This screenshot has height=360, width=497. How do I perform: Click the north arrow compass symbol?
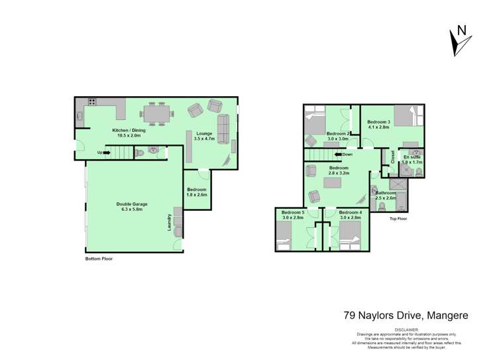458,40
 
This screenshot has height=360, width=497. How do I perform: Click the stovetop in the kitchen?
91,102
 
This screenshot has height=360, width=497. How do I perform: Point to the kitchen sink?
80,117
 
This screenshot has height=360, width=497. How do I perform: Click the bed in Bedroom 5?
284,236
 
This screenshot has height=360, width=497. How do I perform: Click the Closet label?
392,156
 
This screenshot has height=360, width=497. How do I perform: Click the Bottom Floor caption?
99,259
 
